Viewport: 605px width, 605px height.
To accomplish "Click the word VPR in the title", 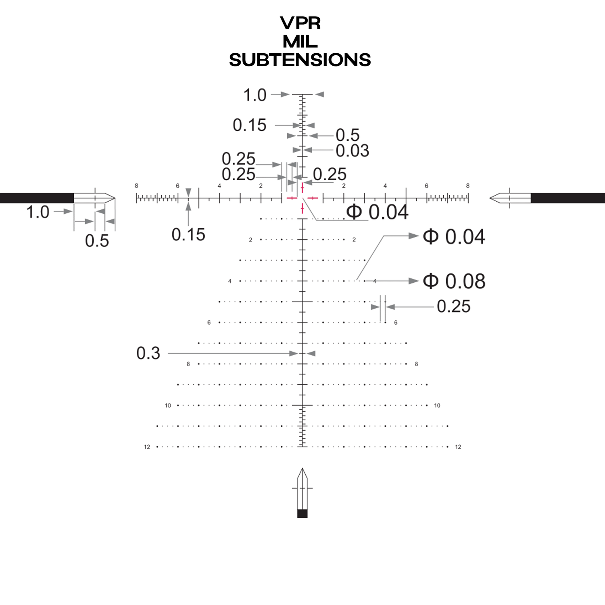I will (x=300, y=23).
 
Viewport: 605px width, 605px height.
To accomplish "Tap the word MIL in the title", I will (x=300, y=42).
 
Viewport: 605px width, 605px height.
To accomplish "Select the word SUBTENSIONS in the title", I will (x=300, y=60).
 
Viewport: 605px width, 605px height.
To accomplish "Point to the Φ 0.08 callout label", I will (x=454, y=281).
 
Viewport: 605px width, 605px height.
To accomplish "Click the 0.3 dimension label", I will (x=148, y=353).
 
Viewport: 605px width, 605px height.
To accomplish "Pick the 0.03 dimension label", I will (x=352, y=151).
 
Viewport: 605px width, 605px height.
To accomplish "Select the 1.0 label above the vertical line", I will (x=255, y=95).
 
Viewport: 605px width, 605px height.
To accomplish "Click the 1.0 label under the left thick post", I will (x=38, y=212).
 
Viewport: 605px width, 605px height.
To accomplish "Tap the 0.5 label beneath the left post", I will (x=97, y=241).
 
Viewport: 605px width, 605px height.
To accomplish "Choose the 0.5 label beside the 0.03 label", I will (x=347, y=135).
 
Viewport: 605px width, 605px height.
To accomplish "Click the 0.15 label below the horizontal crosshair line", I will (x=188, y=235).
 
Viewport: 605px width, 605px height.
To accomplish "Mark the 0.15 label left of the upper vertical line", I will (x=249, y=125).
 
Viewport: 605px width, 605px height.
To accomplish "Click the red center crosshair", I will (x=302, y=198).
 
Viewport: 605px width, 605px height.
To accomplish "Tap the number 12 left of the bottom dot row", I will (x=147, y=447).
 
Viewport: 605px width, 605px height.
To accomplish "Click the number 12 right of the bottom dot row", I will (x=458, y=447).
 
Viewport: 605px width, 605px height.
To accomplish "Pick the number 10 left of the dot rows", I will (x=168, y=405).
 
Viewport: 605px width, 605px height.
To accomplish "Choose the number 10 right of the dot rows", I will (x=437, y=405).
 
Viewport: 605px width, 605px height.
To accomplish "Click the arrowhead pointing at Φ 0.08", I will (x=414, y=281).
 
